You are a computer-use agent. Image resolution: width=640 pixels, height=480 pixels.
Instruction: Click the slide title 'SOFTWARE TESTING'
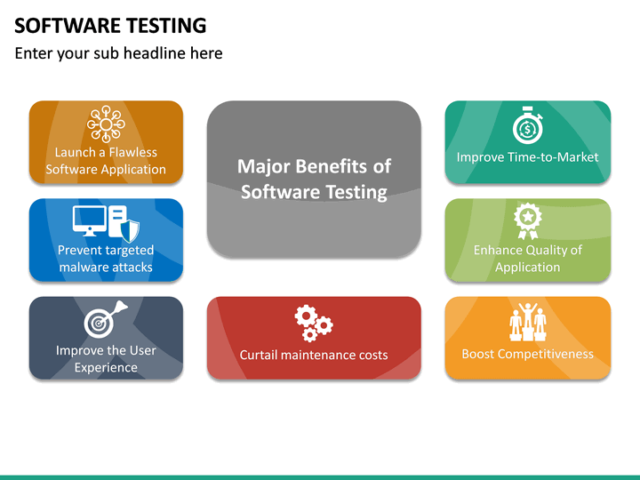pos(110,25)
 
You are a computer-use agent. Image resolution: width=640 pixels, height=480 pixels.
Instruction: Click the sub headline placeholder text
pos(118,53)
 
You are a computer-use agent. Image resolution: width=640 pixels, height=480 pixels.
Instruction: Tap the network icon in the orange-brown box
pos(106,124)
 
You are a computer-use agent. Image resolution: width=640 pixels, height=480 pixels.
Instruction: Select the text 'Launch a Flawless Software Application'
pos(106,161)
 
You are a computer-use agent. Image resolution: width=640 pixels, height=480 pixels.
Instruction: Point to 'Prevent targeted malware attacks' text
pos(106,259)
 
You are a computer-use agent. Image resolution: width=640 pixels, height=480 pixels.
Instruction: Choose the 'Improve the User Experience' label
pos(106,358)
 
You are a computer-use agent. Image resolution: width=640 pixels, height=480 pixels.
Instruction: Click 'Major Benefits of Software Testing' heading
pos(314,179)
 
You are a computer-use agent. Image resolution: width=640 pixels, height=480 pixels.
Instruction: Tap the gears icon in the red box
pos(313,322)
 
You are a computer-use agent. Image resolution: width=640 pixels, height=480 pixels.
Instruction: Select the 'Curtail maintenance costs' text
pos(314,355)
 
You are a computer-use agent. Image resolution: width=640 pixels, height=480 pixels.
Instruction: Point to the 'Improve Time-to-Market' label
pos(527,157)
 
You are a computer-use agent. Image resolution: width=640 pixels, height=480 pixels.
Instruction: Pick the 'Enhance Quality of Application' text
pos(527,259)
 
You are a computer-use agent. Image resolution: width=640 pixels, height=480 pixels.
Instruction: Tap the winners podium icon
pos(527,322)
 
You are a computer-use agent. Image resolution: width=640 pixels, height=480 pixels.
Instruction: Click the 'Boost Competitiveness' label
pos(527,354)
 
